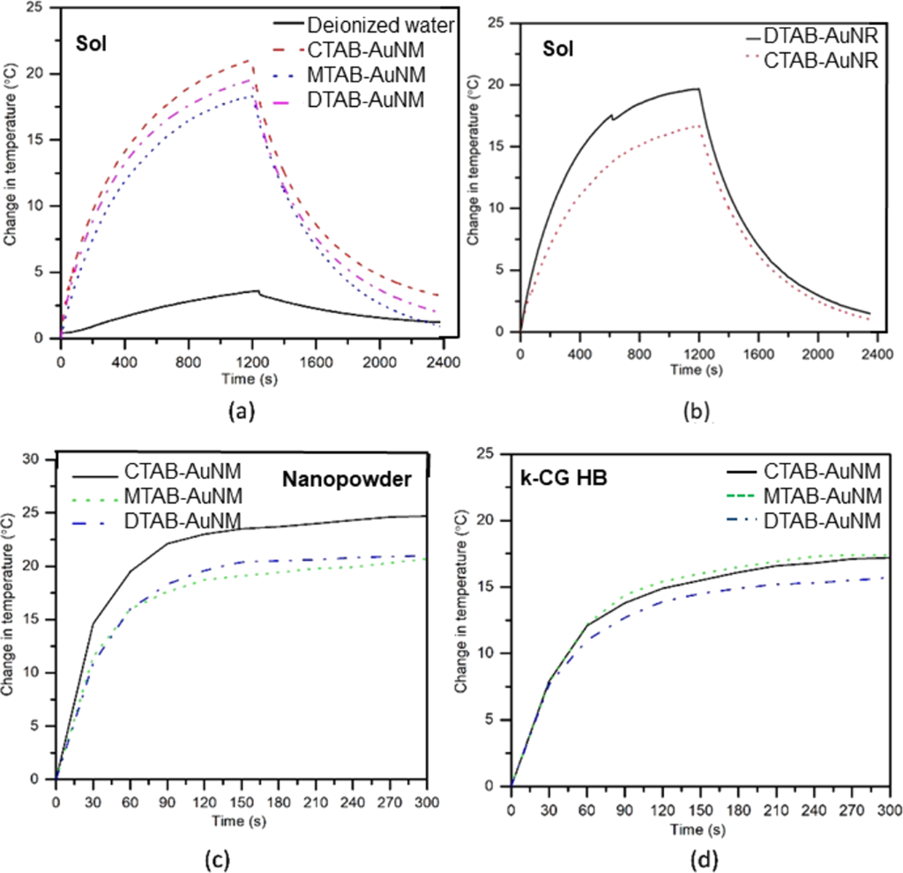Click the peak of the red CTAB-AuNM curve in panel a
pos(252,60)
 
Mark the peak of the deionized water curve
pos(257,290)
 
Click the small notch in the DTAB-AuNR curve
pos(613,118)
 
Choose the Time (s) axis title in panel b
pos(696,368)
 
